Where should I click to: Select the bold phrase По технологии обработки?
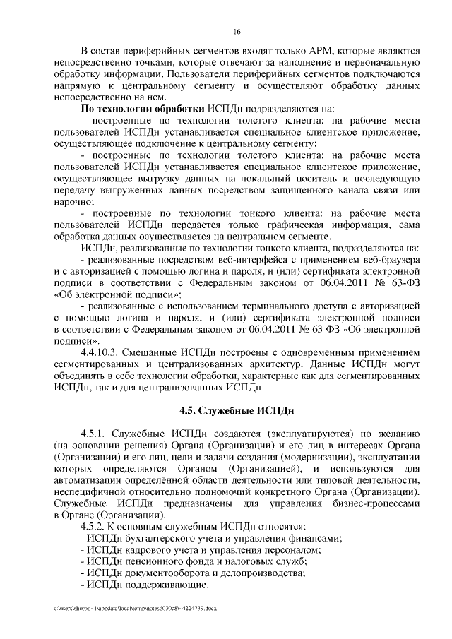143,109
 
